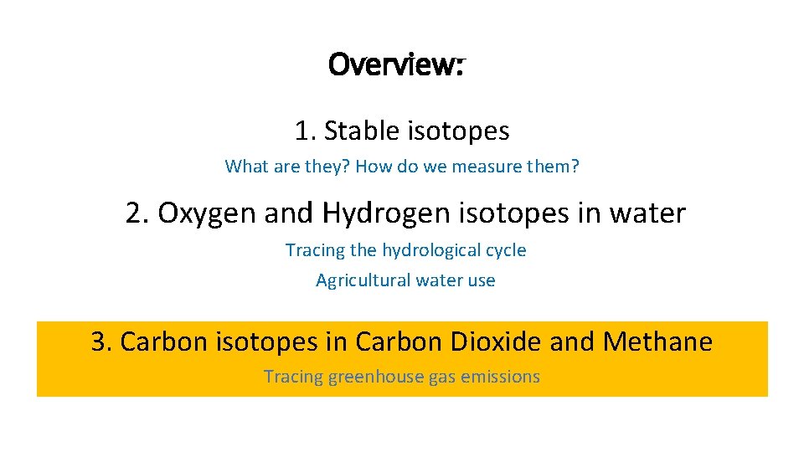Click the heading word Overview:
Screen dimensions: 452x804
point(397,64)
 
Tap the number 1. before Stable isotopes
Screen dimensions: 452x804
point(305,131)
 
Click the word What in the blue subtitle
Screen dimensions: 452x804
point(245,167)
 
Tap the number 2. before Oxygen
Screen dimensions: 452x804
point(138,214)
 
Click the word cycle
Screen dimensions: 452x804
point(508,250)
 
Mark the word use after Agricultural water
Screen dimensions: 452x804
point(482,280)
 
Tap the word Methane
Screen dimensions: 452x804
point(657,342)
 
